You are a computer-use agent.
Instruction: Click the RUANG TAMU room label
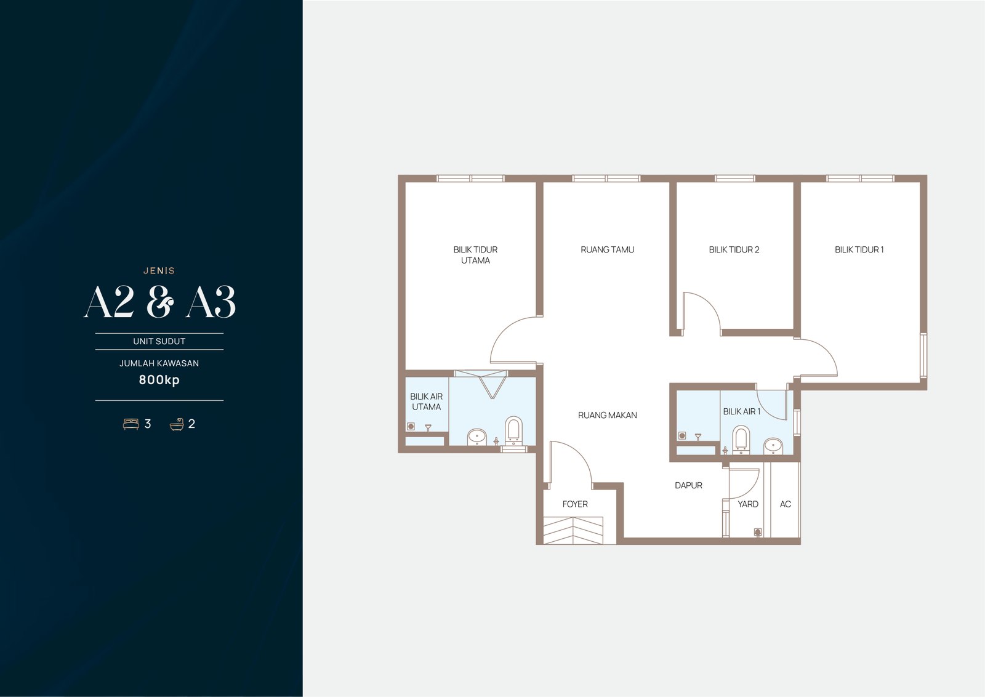(x=607, y=250)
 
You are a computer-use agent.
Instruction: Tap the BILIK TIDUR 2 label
(x=734, y=250)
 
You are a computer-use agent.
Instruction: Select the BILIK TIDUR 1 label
(x=859, y=250)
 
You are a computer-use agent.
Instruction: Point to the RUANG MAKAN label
(x=607, y=415)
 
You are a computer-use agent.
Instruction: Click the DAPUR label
(x=689, y=485)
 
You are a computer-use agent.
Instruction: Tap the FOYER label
(x=575, y=504)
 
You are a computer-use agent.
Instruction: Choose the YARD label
(x=748, y=504)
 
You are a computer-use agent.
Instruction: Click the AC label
(x=786, y=504)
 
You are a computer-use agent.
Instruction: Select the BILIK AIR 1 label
(x=742, y=411)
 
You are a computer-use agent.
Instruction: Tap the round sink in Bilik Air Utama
(x=476, y=437)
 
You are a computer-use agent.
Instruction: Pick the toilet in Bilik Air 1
(x=741, y=440)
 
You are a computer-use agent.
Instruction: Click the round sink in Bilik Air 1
(x=773, y=446)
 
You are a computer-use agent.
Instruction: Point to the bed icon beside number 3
(x=131, y=424)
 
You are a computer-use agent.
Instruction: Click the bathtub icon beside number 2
(x=177, y=424)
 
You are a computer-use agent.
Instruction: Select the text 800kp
(x=159, y=380)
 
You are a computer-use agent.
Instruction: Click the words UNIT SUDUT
(x=159, y=341)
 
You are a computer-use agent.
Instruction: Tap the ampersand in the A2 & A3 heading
(x=160, y=301)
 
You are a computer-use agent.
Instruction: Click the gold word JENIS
(x=159, y=271)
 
